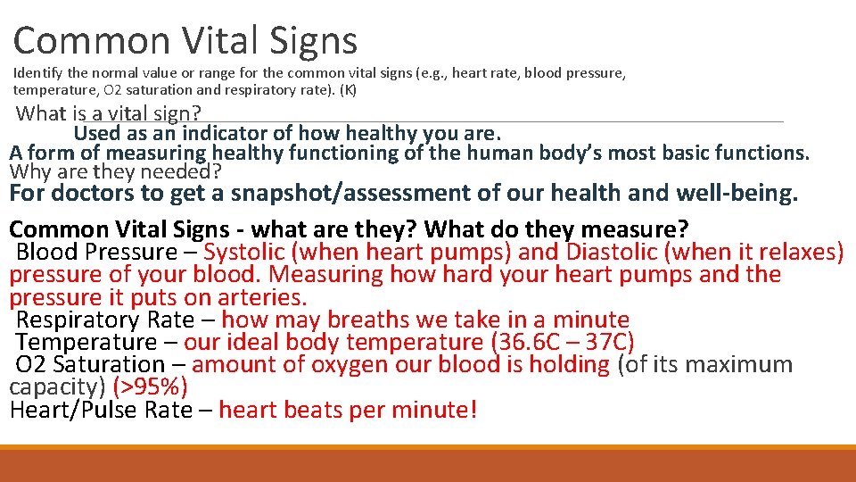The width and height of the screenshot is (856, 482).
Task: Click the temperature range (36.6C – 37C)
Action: point(562,343)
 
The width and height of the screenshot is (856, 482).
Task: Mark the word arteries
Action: point(262,297)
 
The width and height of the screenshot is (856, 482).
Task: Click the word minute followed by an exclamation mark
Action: point(440,411)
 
